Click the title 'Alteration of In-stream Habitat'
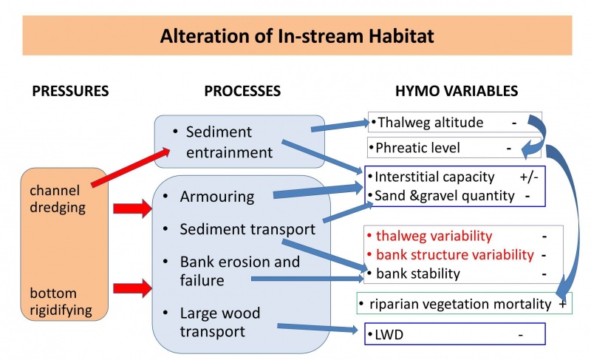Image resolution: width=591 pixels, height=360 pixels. coord(295,35)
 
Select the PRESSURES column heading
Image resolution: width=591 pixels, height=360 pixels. coord(70,92)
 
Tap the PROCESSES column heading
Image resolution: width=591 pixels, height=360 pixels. coord(242,92)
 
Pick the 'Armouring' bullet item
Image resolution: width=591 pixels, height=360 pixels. coord(216,197)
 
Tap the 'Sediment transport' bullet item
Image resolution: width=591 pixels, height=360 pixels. coord(247,229)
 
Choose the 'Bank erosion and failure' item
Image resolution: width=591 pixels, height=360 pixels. coord(239,271)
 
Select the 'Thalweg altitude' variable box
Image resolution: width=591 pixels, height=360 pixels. coord(454,123)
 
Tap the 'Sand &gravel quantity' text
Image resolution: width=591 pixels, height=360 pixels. coord(444,196)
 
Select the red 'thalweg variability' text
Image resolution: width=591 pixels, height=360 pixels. coord(434,237)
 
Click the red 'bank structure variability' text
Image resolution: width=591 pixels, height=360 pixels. coord(454,255)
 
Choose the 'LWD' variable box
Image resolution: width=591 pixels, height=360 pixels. coord(455,335)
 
